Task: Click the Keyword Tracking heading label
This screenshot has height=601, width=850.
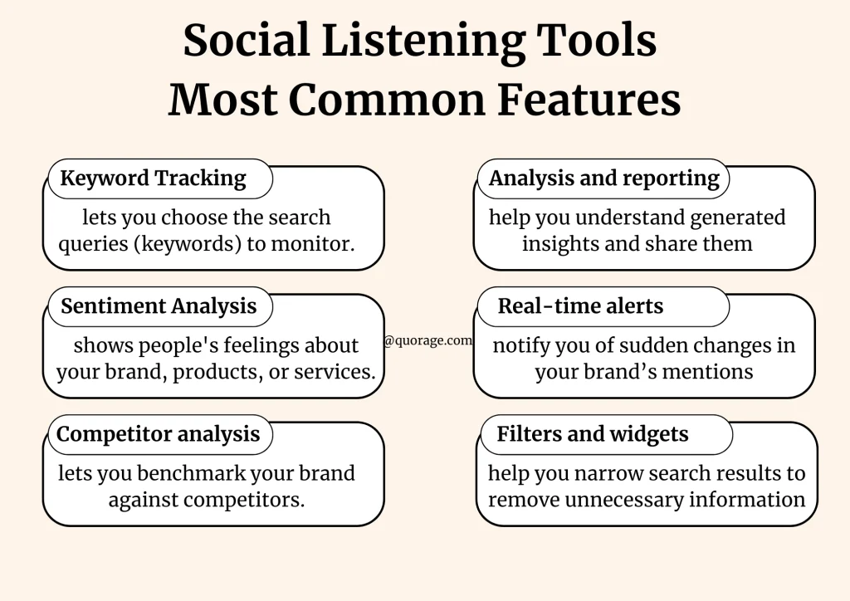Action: tap(154, 178)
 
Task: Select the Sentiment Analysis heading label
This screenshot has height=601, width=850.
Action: tap(159, 306)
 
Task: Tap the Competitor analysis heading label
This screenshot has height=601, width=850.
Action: tap(158, 434)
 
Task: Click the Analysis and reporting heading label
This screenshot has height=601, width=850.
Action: tap(603, 178)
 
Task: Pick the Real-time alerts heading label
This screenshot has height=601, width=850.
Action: tap(580, 306)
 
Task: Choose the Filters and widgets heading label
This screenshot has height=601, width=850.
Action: tap(593, 434)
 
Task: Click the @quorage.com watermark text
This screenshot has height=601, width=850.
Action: tap(428, 340)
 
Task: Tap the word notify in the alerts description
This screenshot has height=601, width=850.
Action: tap(521, 346)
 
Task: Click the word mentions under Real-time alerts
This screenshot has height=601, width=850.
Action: tap(711, 372)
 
